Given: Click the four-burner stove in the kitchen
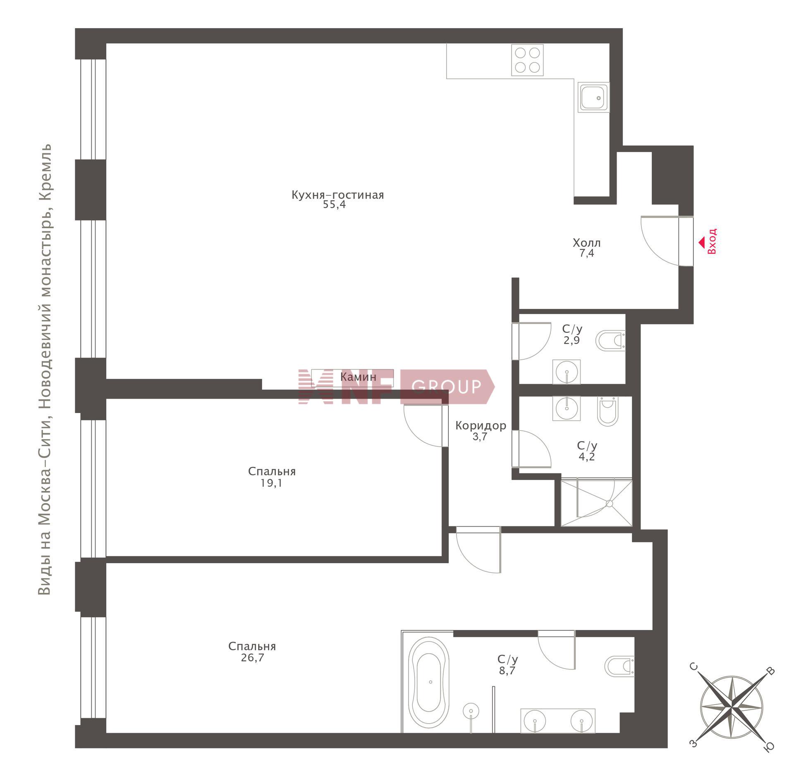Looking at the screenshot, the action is pos(527,60).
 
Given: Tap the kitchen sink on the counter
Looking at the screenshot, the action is pos(593,97).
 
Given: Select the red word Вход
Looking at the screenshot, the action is pos(712,241).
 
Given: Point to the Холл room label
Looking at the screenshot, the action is pos(586,243).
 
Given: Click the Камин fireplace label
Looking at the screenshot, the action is pos(358,377).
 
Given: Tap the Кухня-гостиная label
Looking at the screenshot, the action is pos(337,195).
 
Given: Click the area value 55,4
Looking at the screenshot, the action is pos(334,205).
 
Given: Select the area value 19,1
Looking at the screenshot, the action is pos(271,483).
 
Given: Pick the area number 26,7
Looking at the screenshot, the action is pos(252,657).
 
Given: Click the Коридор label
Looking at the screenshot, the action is pos(481,425).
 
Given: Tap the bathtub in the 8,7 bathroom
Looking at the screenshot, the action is pos(428,682).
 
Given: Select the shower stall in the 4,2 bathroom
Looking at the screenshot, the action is pos(596,502).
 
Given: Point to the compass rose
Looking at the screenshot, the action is pos(731,706).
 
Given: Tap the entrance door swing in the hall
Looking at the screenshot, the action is pos(660,241).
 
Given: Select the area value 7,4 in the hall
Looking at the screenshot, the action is pos(586,253).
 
